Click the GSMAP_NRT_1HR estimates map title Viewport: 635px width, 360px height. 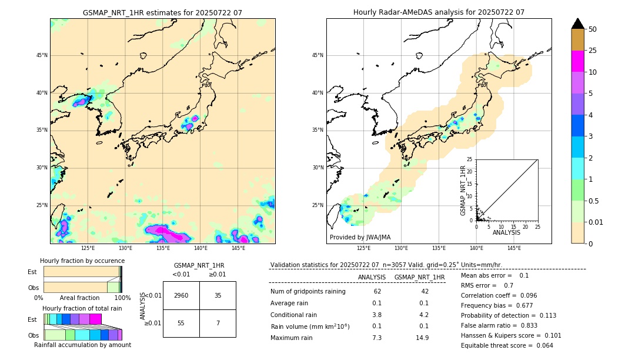coord(162,12)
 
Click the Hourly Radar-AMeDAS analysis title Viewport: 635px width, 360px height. coord(439,12)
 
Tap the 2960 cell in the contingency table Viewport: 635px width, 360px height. coord(181,295)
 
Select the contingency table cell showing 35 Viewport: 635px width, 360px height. coord(218,295)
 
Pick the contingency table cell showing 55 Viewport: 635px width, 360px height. coord(181,324)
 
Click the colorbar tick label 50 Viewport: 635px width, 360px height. coord(593,29)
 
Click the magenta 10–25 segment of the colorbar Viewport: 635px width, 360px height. coord(578,61)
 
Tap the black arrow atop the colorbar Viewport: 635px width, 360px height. coord(578,24)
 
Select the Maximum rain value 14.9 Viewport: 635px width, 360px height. coord(422,338)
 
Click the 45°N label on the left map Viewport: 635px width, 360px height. coord(42,55)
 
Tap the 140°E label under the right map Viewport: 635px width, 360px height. coord(476,248)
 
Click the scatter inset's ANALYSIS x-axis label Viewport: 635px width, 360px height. coord(506,232)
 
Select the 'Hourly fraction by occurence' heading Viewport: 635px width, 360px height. coord(82,261)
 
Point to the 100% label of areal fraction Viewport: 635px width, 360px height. coord(122,298)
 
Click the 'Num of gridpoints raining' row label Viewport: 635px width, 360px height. coord(308,291)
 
